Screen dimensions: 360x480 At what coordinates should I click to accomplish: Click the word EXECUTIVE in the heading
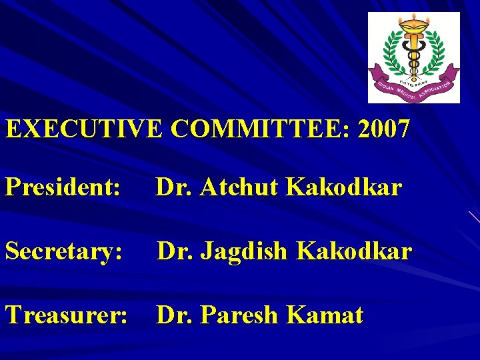tap(84, 128)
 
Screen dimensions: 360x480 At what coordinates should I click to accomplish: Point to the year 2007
tap(384, 128)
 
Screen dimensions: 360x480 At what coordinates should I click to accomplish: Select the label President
tap(63, 188)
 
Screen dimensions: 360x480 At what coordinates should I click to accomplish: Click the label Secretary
tap(64, 251)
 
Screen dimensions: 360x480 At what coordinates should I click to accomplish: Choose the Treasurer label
tap(67, 315)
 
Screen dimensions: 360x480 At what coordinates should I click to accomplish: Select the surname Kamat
tap(327, 315)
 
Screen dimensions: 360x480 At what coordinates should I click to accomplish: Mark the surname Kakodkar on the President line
tap(344, 188)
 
